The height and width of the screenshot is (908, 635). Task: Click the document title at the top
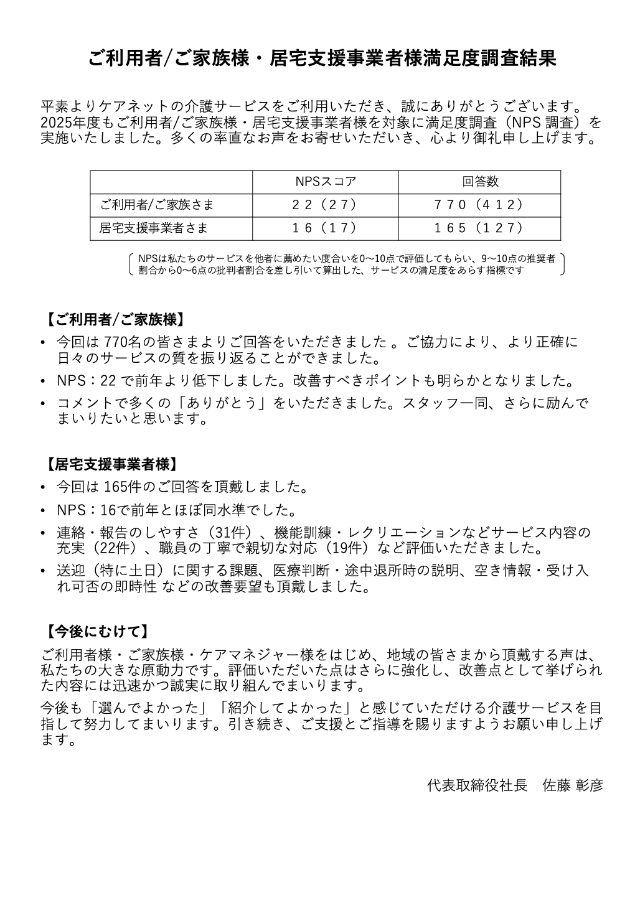pos(322,59)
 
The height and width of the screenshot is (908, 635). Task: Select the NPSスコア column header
pos(326,182)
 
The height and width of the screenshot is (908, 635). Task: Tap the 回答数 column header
pos(480,182)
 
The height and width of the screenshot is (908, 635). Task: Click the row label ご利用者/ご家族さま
pos(158,205)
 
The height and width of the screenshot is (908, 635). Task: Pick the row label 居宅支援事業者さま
pos(154,228)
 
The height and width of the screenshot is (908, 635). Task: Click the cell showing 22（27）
pos(326,205)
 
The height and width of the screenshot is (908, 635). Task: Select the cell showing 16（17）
pos(326,228)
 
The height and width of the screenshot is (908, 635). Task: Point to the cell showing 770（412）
pos(480,205)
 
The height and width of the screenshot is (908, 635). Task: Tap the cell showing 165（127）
pos(480,228)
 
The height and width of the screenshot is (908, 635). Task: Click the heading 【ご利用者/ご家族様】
pos(115,320)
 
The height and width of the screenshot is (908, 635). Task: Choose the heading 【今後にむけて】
pos(96,632)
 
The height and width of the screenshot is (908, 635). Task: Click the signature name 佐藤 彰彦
pos(573,785)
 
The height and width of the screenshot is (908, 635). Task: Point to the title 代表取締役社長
pos(477,785)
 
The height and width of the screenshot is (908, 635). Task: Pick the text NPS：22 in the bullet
pos(86,380)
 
